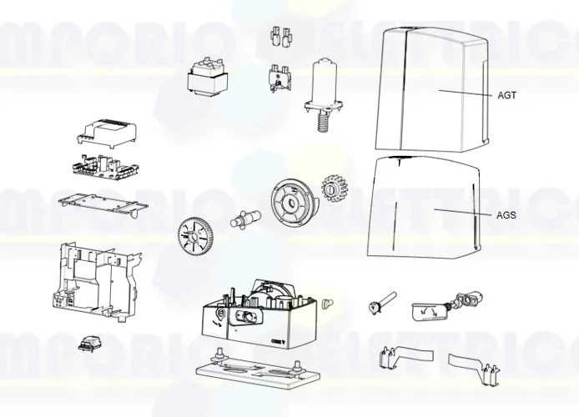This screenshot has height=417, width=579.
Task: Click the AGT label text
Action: click(506, 96)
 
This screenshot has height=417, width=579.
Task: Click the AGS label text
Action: click(506, 215)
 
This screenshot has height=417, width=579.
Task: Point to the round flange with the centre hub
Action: click(292, 201)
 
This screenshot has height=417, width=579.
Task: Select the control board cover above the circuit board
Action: click(104, 131)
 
